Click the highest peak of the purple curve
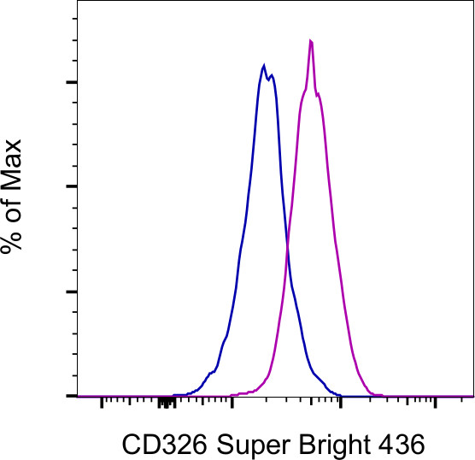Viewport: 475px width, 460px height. [311, 40]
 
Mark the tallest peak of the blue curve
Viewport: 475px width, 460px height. [264, 65]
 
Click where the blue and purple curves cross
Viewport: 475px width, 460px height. [287, 245]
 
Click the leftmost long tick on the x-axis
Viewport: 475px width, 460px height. [102, 401]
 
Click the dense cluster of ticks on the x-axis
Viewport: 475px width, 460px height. [167, 400]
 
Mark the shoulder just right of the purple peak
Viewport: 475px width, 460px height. [320, 94]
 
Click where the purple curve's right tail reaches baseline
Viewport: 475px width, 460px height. [373, 393]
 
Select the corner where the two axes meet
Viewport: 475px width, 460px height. [78, 396]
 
